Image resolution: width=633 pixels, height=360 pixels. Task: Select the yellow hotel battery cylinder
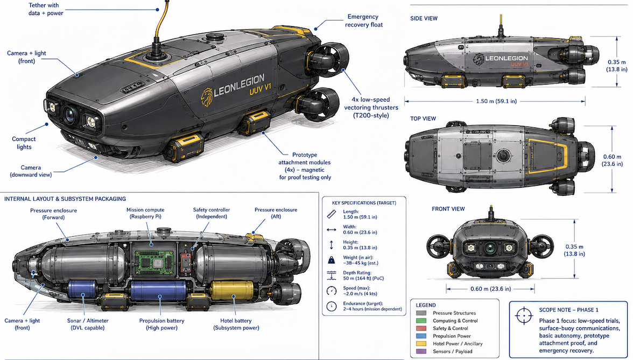[232, 292]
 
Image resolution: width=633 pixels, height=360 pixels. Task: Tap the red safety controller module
[186, 262]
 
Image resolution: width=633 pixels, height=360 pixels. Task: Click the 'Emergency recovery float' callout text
[363, 20]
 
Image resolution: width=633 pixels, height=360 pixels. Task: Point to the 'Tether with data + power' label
[46, 9]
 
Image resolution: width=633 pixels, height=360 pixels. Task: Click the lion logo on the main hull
[207, 97]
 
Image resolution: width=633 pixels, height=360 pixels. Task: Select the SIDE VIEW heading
[424, 18]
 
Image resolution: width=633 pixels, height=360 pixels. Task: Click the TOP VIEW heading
[423, 118]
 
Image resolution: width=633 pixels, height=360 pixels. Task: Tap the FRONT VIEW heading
[448, 209]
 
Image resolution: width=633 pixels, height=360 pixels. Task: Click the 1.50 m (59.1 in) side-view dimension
[496, 101]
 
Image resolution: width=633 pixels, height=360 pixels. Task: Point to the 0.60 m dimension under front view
[490, 288]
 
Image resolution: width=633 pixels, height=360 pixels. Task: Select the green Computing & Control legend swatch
[421, 321]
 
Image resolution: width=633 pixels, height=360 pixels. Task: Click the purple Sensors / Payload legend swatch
[421, 351]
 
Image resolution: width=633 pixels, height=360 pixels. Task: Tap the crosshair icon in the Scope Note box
[524, 315]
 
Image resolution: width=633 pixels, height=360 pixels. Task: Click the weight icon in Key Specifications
[332, 260]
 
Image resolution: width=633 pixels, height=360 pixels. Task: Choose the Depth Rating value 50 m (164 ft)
[363, 279]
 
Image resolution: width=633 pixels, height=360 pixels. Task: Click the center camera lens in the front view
[490, 248]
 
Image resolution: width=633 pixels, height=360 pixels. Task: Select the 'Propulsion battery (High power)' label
[161, 324]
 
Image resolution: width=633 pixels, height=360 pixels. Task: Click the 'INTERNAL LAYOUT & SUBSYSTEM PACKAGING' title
[65, 199]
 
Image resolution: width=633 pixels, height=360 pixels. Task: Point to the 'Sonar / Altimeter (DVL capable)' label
[88, 324]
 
